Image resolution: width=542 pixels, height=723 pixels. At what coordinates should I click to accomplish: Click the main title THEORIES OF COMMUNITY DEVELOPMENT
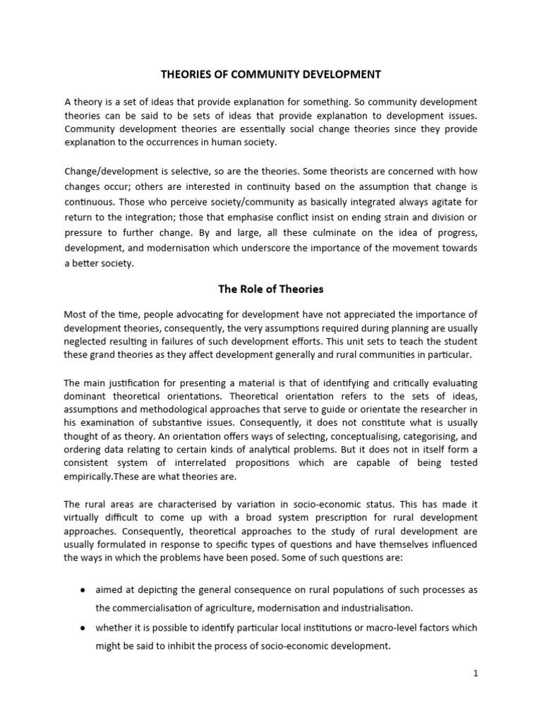point(271,74)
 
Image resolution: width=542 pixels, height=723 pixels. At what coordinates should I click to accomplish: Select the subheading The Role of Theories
point(271,288)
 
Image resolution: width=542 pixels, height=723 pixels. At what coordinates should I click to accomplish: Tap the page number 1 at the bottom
point(476,673)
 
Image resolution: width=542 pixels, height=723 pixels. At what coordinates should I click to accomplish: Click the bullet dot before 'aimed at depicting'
point(84,590)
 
